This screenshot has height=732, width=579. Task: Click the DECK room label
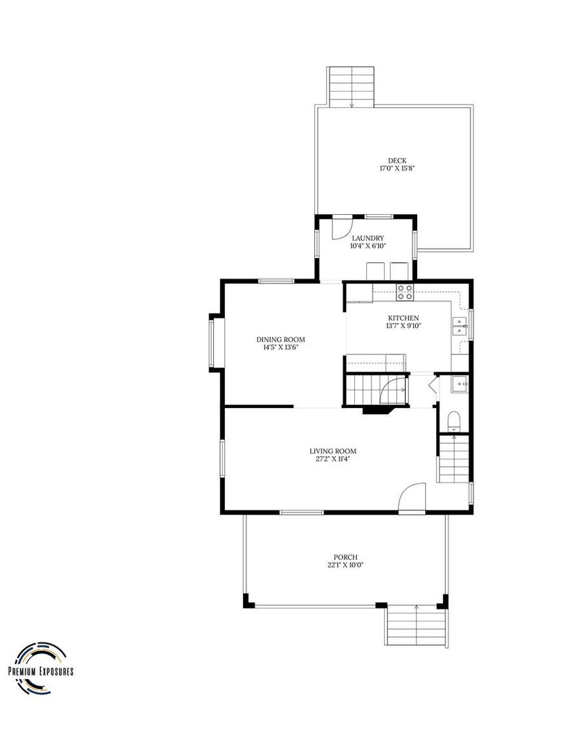click(x=398, y=161)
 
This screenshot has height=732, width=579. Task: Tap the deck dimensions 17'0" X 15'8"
click(x=398, y=168)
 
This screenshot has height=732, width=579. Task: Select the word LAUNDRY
click(x=368, y=239)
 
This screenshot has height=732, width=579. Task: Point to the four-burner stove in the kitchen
click(x=405, y=292)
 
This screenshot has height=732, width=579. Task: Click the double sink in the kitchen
click(x=460, y=327)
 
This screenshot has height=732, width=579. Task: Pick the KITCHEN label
click(x=404, y=319)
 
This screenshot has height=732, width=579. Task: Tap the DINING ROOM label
click(x=281, y=340)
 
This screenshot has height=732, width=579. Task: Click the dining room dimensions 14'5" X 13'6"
click(x=281, y=348)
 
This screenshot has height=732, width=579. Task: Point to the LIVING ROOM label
click(x=333, y=451)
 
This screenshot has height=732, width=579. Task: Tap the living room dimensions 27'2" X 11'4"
click(x=333, y=460)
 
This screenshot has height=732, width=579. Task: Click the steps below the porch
click(x=416, y=626)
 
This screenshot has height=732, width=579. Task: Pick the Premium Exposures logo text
click(x=41, y=672)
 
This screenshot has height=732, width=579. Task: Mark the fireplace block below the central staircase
click(x=378, y=409)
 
